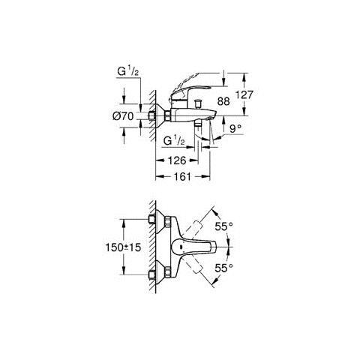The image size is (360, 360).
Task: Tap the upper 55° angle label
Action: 223,225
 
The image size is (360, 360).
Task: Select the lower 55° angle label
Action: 223,267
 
